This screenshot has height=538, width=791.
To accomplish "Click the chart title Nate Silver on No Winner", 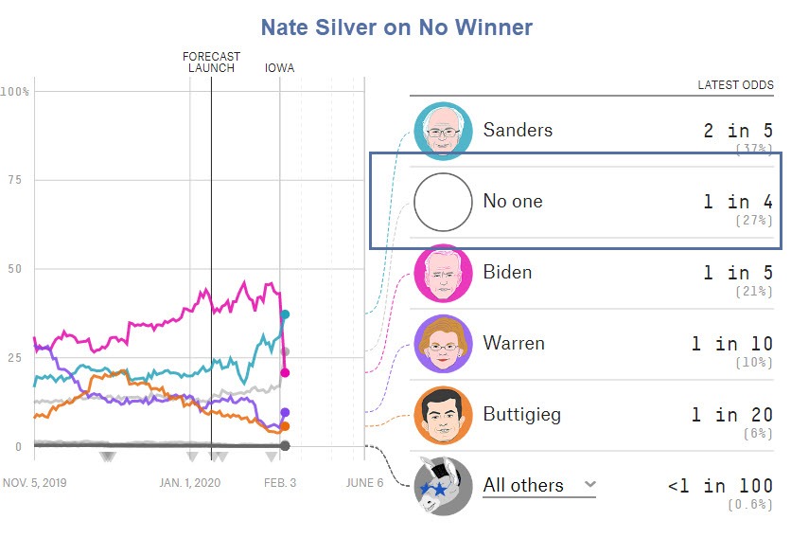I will [396, 27].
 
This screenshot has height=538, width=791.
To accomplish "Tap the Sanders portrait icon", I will [442, 131].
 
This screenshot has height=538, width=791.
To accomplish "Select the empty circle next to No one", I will [442, 202].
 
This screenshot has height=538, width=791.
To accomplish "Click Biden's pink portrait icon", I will [442, 273].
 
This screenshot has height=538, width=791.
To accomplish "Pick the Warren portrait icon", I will [442, 344].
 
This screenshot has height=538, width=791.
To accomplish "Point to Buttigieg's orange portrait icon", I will [442, 415].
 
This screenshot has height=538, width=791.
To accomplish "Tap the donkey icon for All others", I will [442, 486].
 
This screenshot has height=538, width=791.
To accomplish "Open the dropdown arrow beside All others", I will [589, 484].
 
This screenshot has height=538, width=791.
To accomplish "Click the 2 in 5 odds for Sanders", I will [738, 131].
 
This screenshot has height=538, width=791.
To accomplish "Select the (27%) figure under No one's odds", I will [754, 221].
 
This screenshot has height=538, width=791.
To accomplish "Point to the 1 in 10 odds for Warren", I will [731, 344].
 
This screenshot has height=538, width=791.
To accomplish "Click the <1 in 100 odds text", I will [719, 486].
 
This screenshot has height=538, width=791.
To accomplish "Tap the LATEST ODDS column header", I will [735, 85].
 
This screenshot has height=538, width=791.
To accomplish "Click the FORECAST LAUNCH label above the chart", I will [211, 62].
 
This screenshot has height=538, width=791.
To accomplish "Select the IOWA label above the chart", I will [279, 67].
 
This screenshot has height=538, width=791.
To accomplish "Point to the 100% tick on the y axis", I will [15, 92].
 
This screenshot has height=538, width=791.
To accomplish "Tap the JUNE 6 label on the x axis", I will [364, 482].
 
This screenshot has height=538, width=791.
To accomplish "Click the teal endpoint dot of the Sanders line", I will [285, 314].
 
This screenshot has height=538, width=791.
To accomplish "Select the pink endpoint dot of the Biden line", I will [285, 372].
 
